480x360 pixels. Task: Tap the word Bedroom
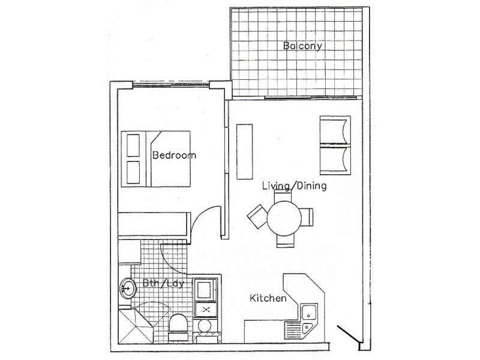point(174,155)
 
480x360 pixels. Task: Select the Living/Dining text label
point(294,186)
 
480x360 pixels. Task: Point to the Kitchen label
point(267,298)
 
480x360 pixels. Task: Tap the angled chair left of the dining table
point(256,215)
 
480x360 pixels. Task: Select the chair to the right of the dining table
point(307,216)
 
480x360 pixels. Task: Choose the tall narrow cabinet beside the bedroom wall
point(244,151)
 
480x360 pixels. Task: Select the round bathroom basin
point(128,289)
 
